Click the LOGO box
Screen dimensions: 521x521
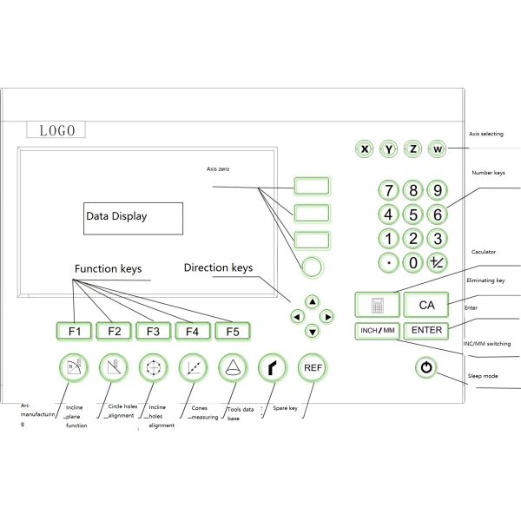pyautogui.click(x=57, y=130)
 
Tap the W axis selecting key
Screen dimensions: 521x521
pyautogui.click(x=438, y=149)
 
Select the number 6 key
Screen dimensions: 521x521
pyautogui.click(x=439, y=214)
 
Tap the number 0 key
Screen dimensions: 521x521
pyautogui.click(x=414, y=261)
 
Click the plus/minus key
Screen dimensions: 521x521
pyautogui.click(x=439, y=261)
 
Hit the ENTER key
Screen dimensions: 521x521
pyautogui.click(x=426, y=330)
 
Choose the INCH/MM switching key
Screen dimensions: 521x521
pyautogui.click(x=378, y=330)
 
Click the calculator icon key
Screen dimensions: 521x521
pyautogui.click(x=378, y=305)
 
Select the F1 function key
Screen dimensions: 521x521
pyautogui.click(x=75, y=331)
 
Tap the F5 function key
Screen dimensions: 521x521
pyautogui.click(x=232, y=331)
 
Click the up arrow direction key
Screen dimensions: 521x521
pyautogui.click(x=312, y=301)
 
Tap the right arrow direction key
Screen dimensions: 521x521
pyautogui.click(x=327, y=316)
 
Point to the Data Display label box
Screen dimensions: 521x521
pyautogui.click(x=134, y=217)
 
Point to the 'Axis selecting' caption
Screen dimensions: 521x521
pyautogui.click(x=486, y=135)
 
